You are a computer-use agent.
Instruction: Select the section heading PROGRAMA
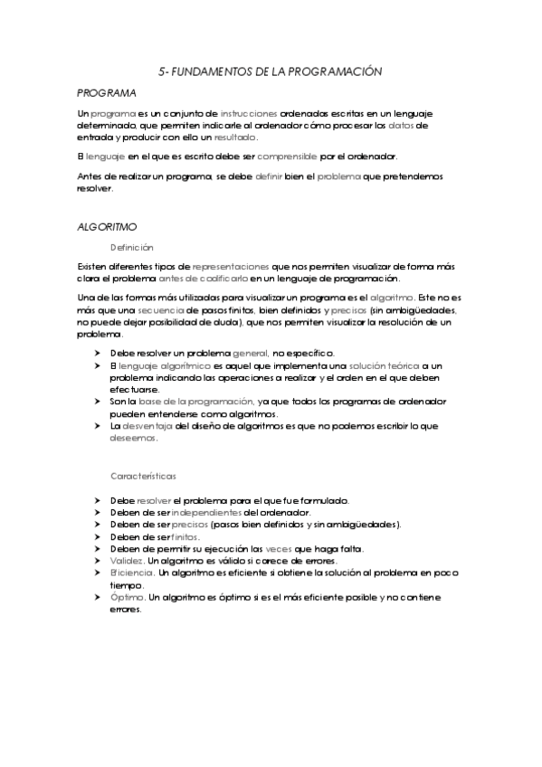click(107, 92)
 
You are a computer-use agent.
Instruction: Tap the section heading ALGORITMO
click(107, 227)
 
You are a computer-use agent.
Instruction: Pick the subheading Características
click(143, 475)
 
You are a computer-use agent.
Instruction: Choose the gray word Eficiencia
click(132, 573)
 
